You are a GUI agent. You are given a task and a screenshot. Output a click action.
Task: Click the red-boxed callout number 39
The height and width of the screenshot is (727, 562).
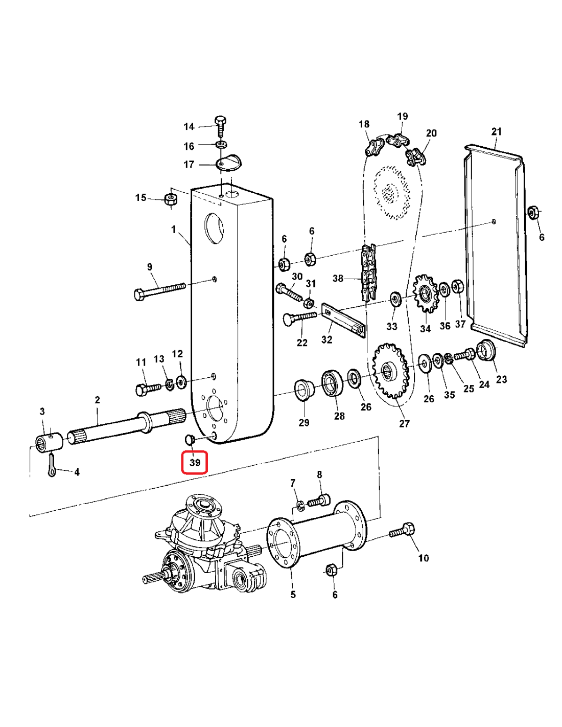195,462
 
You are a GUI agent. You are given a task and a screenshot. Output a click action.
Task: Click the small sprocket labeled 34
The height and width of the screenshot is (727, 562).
425,294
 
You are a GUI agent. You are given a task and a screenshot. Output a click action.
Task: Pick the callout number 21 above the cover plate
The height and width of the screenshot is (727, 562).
496,131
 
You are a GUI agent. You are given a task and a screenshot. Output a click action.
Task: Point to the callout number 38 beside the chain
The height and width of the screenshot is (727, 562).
338,278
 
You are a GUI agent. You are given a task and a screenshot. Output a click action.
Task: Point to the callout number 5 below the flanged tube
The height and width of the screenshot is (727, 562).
293,595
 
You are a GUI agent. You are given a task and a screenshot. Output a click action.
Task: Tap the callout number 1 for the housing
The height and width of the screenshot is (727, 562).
174,230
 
